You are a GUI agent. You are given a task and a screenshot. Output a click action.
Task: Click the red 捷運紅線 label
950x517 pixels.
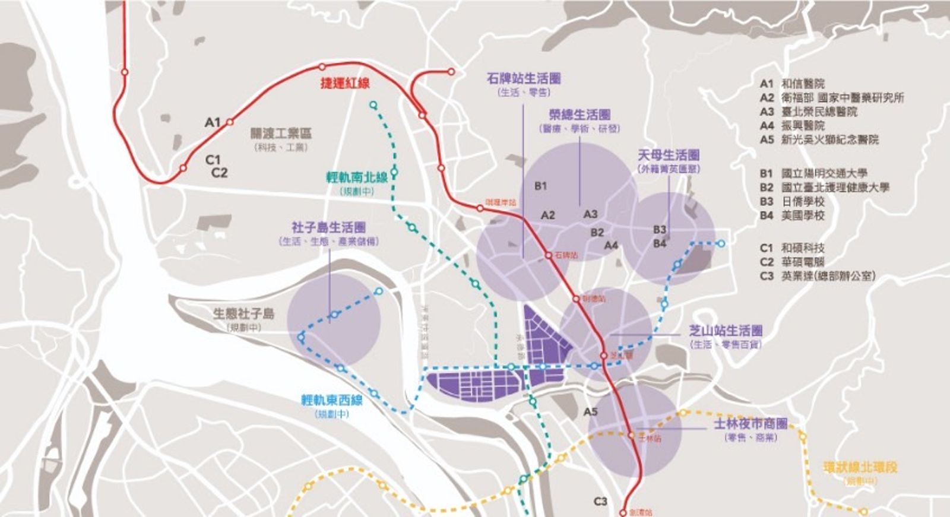coord(345,83)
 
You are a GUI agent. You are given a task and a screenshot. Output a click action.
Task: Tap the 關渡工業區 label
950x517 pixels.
coord(281,134)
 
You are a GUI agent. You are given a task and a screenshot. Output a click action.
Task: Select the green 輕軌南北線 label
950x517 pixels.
coord(357,177)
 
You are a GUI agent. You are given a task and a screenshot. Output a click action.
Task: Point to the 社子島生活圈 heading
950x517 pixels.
coord(328,227)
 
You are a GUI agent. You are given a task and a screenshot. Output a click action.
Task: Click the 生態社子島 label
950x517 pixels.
coord(244,313)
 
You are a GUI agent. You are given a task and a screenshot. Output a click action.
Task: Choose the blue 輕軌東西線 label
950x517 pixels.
coord(332,400)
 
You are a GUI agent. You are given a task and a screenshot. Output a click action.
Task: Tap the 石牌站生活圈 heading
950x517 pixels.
coord(524,78)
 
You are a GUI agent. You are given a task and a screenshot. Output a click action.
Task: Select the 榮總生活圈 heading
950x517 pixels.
coord(579,115)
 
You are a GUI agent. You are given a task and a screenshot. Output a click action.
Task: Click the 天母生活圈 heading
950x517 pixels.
coord(669,155)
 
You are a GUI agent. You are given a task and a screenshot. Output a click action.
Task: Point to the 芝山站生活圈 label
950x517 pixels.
coord(726,331)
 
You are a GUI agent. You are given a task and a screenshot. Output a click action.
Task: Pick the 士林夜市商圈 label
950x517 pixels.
coord(750,424)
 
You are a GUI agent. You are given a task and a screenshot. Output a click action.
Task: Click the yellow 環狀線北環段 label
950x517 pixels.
coord(860,467)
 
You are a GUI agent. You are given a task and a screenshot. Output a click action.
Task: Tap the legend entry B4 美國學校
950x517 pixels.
coord(792,215)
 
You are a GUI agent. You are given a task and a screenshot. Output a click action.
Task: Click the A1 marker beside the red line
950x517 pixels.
coord(213,122)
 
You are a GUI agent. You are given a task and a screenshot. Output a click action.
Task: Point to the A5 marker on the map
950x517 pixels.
coord(591,411)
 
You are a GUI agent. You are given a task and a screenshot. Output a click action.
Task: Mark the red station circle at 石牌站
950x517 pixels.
coord(549,255)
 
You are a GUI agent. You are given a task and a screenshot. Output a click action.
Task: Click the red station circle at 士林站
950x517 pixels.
coord(631,435)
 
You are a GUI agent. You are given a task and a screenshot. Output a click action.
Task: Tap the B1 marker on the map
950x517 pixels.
coord(540,186)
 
